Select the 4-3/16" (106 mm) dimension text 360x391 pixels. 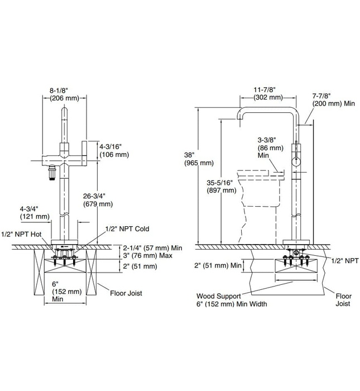(x=114, y=150)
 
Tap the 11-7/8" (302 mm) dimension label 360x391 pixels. (x=268, y=93)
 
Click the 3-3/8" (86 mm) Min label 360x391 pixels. (x=267, y=146)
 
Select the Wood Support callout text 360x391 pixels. (x=231, y=300)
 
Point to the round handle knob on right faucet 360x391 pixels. (x=296, y=163)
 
